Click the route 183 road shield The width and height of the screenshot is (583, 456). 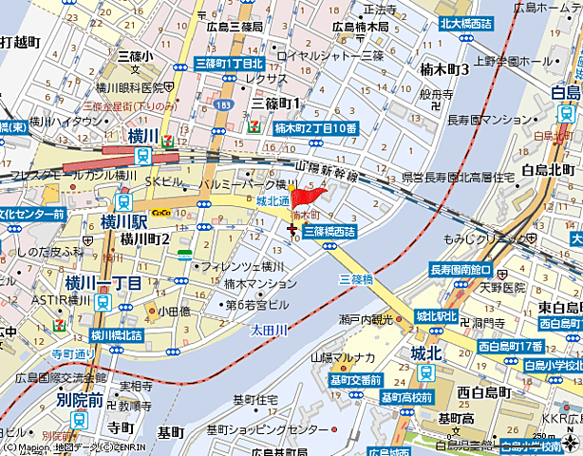tap(222, 104)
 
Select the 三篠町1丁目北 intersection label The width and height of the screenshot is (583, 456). tap(228, 63)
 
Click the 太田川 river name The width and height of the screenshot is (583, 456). tap(269, 330)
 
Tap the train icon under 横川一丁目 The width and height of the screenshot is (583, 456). tap(103, 302)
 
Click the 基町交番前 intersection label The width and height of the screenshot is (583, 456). tap(356, 380)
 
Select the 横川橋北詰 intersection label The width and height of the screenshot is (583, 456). tap(117, 334)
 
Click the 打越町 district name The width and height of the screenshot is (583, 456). tap(19, 42)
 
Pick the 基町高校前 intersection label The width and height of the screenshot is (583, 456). tap(409, 397)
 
